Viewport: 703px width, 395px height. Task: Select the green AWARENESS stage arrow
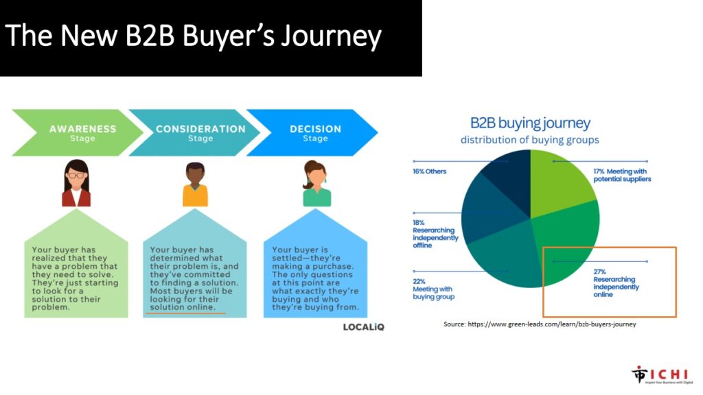click(78, 132)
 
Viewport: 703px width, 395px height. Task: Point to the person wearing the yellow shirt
click(195, 184)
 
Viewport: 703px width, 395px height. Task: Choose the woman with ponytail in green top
click(316, 183)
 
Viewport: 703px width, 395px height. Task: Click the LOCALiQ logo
click(364, 327)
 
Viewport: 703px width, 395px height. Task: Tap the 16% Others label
click(430, 171)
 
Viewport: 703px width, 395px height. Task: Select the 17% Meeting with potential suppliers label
click(622, 175)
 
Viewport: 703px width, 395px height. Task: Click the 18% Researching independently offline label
click(435, 234)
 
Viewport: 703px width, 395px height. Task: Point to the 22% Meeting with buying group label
click(434, 289)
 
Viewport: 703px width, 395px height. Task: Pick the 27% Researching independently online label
click(616, 283)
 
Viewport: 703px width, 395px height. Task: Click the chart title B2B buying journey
click(530, 123)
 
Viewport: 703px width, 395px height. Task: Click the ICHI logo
click(662, 375)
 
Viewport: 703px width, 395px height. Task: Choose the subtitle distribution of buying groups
click(530, 140)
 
